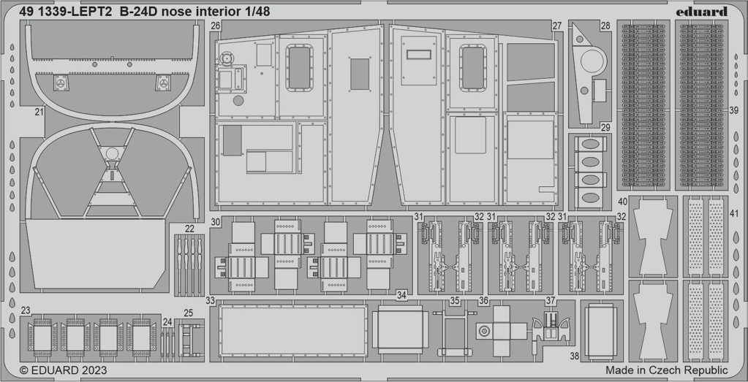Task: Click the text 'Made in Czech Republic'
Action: click(x=667, y=370)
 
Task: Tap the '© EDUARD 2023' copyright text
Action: click(x=64, y=370)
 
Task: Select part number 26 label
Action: click(x=215, y=27)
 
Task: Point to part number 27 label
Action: click(x=557, y=27)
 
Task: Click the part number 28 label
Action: click(x=605, y=26)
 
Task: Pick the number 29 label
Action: click(x=605, y=128)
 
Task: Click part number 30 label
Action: click(x=215, y=222)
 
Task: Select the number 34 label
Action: click(x=401, y=296)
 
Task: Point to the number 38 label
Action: click(x=575, y=356)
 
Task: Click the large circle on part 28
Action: click(x=594, y=61)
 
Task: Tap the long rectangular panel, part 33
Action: click(x=292, y=331)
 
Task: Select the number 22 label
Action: click(x=189, y=229)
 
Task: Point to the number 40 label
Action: click(x=622, y=202)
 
